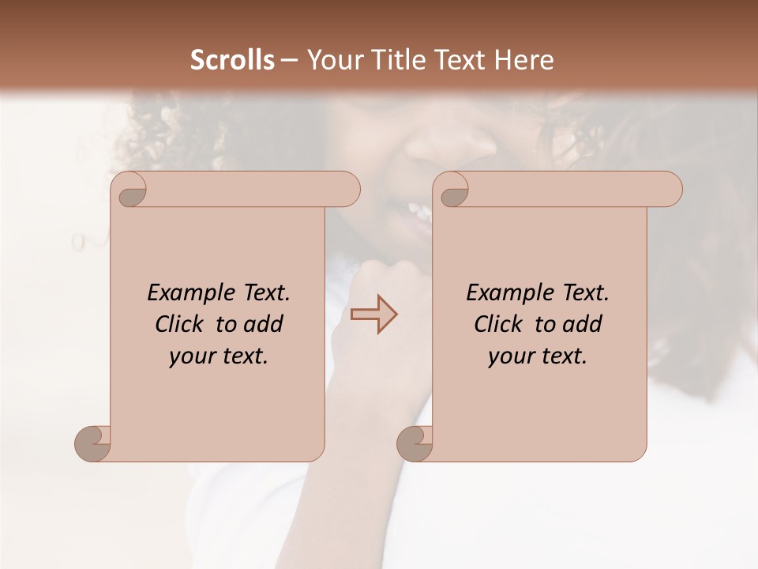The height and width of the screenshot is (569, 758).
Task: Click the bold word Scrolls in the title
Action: tap(232, 60)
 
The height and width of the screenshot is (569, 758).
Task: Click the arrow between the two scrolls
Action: tap(374, 314)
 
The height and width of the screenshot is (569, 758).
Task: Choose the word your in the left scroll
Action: tap(190, 356)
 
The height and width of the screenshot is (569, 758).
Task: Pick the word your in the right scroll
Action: tap(509, 356)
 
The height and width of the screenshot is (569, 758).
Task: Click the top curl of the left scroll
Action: tap(131, 190)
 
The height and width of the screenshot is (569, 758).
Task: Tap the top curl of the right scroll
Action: tap(453, 190)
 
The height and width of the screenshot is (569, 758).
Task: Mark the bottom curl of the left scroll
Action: tap(93, 443)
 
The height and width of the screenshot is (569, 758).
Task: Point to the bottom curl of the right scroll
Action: tap(415, 443)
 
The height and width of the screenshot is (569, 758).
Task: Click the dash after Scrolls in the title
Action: tap(289, 60)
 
